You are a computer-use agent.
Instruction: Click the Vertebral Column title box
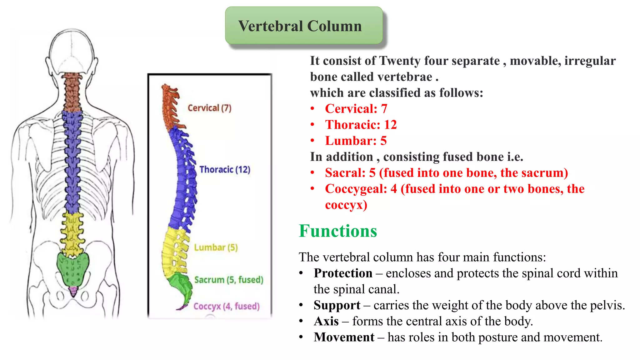click(304, 26)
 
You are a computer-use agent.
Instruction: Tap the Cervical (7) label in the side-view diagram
click(209, 108)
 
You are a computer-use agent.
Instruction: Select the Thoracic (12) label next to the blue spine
click(225, 169)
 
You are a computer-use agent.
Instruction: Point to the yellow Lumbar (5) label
click(216, 247)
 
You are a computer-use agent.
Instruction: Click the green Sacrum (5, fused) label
click(228, 279)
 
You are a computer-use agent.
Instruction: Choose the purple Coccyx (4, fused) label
click(226, 306)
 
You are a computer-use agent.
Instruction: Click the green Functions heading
click(338, 231)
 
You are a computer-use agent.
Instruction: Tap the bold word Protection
click(343, 273)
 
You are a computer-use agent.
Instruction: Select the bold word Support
click(337, 305)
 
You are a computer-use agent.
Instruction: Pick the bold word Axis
click(326, 321)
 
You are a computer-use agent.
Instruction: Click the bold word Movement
click(344, 337)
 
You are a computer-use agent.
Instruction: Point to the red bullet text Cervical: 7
click(356, 109)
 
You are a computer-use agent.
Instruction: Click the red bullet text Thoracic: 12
click(361, 125)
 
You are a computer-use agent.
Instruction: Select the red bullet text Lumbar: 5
click(356, 141)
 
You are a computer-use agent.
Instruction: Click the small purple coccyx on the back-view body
click(73, 291)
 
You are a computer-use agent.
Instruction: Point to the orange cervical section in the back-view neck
click(72, 92)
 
